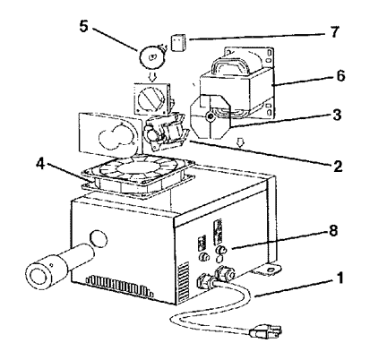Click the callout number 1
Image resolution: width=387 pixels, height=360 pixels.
point(340,278)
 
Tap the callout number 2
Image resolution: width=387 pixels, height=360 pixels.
point(338,166)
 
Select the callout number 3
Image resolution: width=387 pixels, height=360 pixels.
point(337,115)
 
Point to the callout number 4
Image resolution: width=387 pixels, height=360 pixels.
point(40,164)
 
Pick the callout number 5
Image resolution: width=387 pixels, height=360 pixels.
point(84,26)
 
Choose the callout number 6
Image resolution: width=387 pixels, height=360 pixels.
point(340,76)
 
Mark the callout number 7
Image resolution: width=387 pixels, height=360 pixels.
point(335,31)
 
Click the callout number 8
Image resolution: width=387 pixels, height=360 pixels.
point(333,231)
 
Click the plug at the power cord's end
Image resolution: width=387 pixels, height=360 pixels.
point(266,332)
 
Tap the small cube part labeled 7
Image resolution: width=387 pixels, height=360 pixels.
point(178,43)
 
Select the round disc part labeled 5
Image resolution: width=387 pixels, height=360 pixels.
point(152,57)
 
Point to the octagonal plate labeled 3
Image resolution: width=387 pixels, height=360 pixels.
point(211,116)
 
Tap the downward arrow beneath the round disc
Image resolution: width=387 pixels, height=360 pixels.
point(152,77)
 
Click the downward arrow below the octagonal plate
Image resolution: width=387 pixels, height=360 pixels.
point(239,143)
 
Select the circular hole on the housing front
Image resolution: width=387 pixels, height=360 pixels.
point(98,238)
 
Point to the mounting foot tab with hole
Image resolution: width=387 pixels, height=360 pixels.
point(266,270)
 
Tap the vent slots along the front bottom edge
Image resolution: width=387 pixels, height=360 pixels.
point(119,286)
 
